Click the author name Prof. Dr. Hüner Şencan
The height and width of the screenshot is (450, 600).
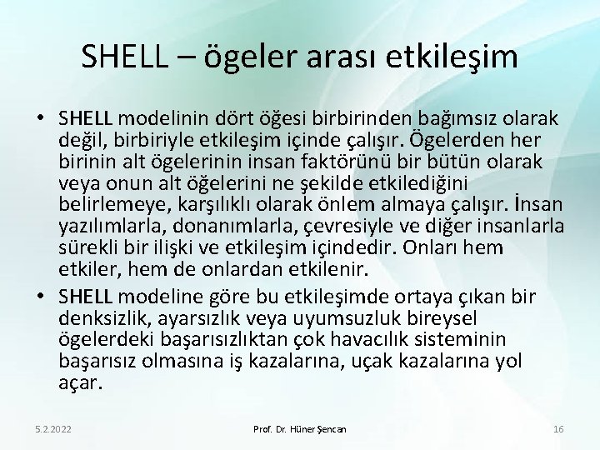299,429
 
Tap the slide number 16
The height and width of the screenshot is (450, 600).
559,429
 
